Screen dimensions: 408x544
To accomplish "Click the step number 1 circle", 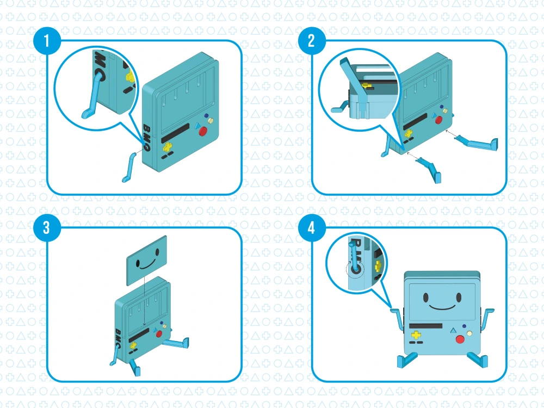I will pyautogui.click(x=47, y=41).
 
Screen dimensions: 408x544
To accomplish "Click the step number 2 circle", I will pyautogui.click(x=311, y=41).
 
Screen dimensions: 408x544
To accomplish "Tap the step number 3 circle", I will pyautogui.click(x=47, y=228).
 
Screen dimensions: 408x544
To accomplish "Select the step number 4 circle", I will pyautogui.click(x=311, y=228).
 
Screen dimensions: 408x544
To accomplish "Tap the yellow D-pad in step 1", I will pyautogui.click(x=167, y=146).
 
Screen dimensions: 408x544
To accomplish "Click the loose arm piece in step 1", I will pyautogui.click(x=130, y=168).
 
